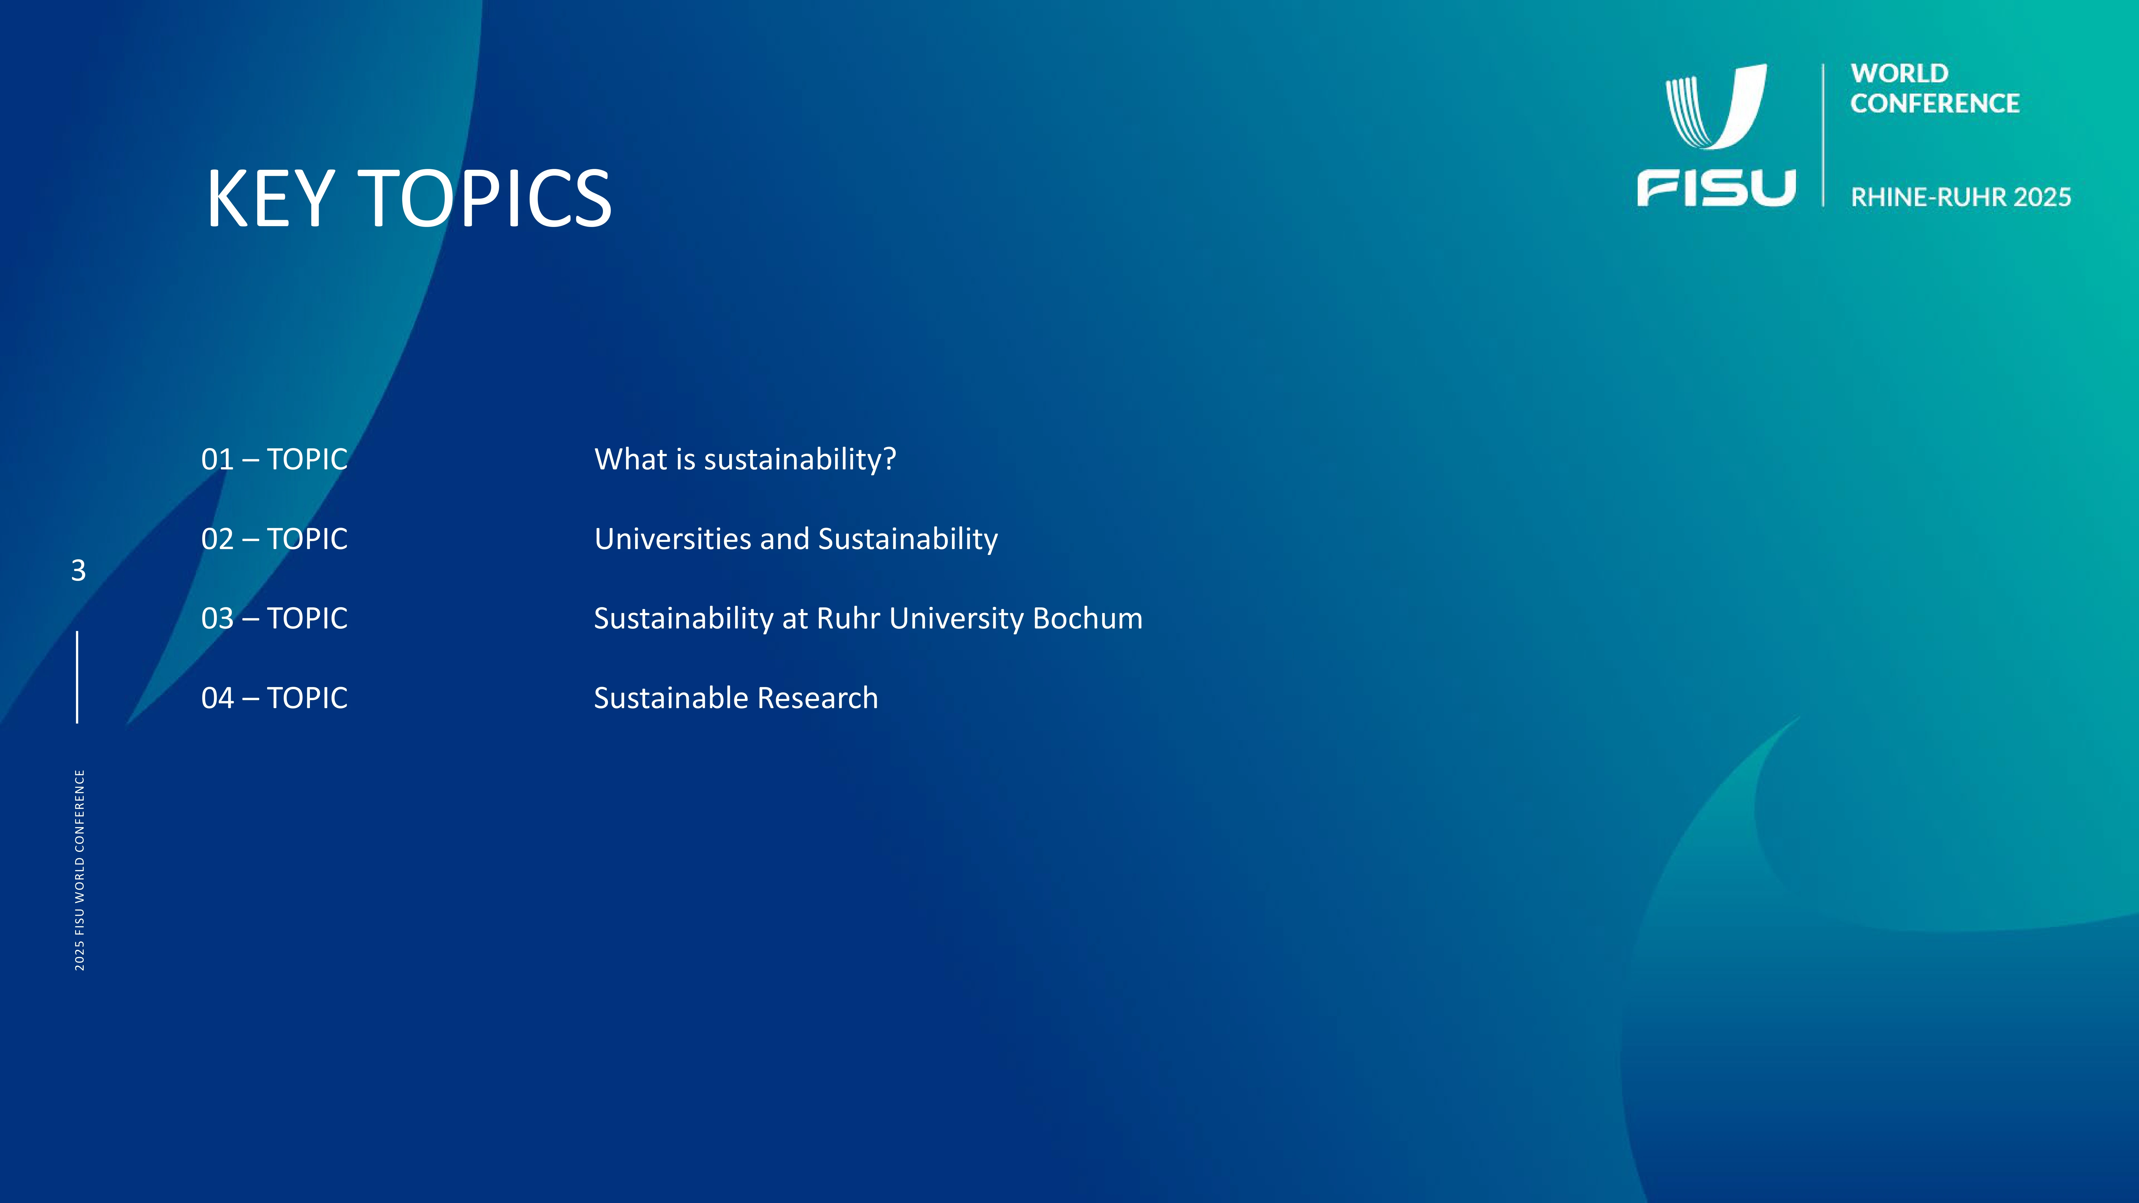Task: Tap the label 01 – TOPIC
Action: tap(274, 459)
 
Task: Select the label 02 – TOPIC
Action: tap(274, 539)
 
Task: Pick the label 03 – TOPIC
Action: tap(274, 619)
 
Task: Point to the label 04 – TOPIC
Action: tap(274, 698)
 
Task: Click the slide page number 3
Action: tap(78, 570)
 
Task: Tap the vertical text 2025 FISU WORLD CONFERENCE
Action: tap(80, 870)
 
